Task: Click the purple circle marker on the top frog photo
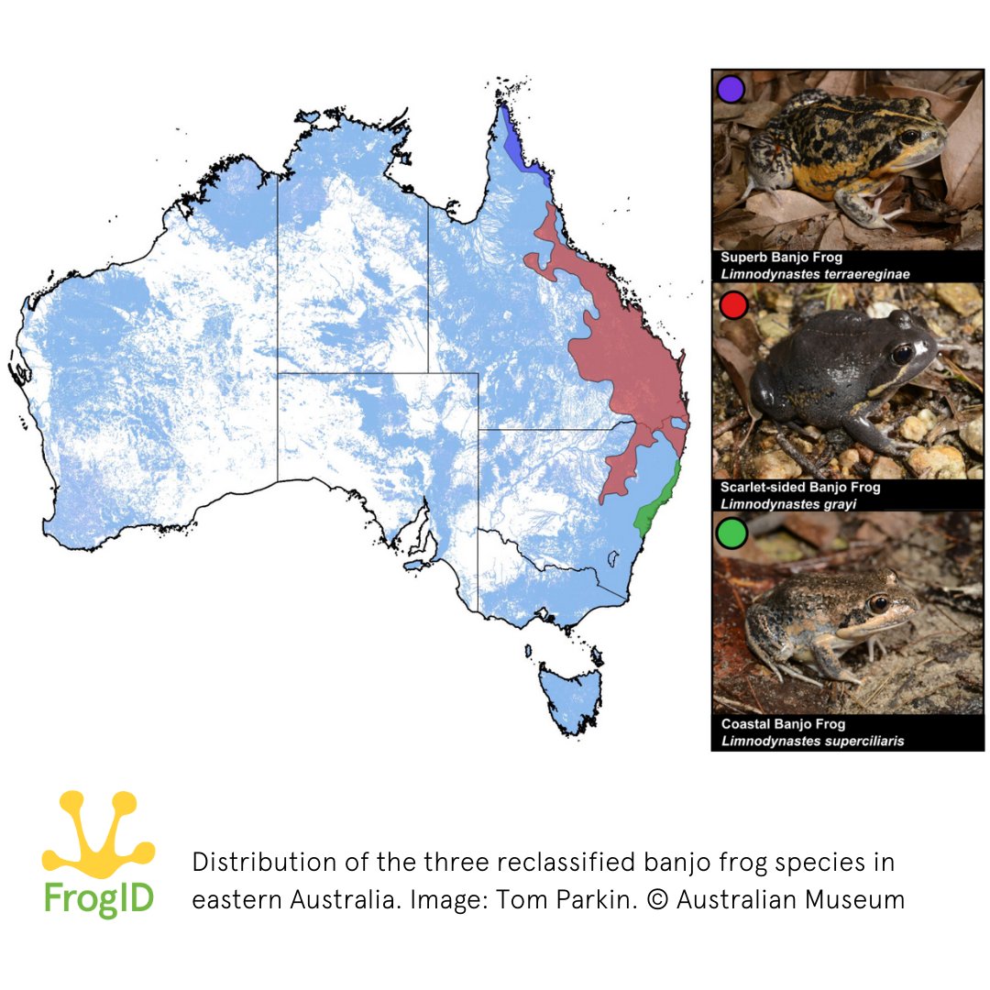731,89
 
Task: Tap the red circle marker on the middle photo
733,305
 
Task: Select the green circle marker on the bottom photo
732,533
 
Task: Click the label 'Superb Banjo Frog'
781,258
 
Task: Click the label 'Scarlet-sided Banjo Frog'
800,488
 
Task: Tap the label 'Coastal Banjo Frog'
783,724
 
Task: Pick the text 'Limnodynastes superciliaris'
812,741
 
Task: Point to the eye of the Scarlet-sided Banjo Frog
903,352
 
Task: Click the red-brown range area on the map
623,357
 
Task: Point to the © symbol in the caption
658,899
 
